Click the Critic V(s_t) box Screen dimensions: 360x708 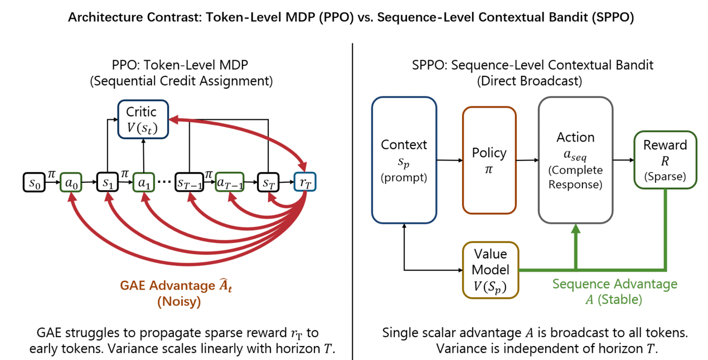pyautogui.click(x=143, y=119)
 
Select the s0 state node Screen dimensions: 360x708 pyautogui.click(x=35, y=183)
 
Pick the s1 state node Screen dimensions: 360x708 pyautogui.click(x=107, y=183)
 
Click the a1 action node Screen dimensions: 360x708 pyautogui.click(x=143, y=183)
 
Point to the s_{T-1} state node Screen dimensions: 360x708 pyautogui.click(x=190, y=183)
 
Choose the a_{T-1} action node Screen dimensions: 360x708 pyautogui.click(x=229, y=183)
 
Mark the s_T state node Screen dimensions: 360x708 pyautogui.click(x=268, y=183)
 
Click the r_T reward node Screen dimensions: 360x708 pyautogui.click(x=305, y=183)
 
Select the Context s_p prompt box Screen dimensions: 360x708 pyautogui.click(x=404, y=160)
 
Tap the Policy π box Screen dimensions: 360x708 pyautogui.click(x=489, y=160)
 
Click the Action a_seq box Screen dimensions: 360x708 pyautogui.click(x=575, y=160)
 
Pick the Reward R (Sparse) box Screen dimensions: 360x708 pyautogui.click(x=665, y=160)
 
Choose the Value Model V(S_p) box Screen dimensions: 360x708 pyautogui.click(x=491, y=270)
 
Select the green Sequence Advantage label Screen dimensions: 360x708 pyautogui.click(x=614, y=284)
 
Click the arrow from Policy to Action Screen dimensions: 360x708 pyautogui.click(x=526, y=160)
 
